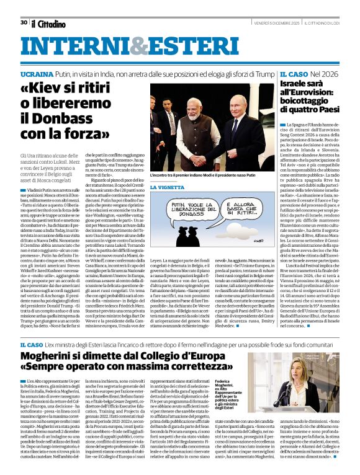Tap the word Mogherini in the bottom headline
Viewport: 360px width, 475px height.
pyautogui.click(x=56, y=356)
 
